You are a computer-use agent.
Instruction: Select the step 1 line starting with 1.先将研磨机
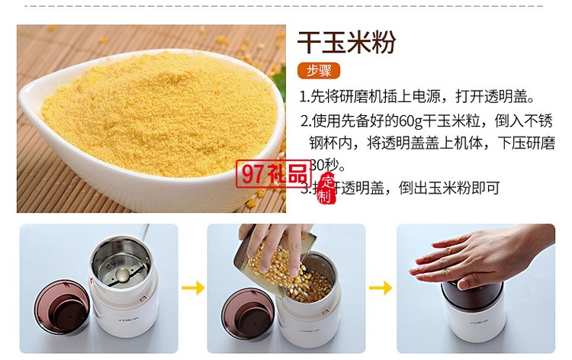coord(416,98)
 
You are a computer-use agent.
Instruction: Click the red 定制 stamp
coord(326,189)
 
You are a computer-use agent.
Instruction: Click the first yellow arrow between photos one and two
coord(193,288)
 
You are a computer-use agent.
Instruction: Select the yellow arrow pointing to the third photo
coord(381,288)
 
